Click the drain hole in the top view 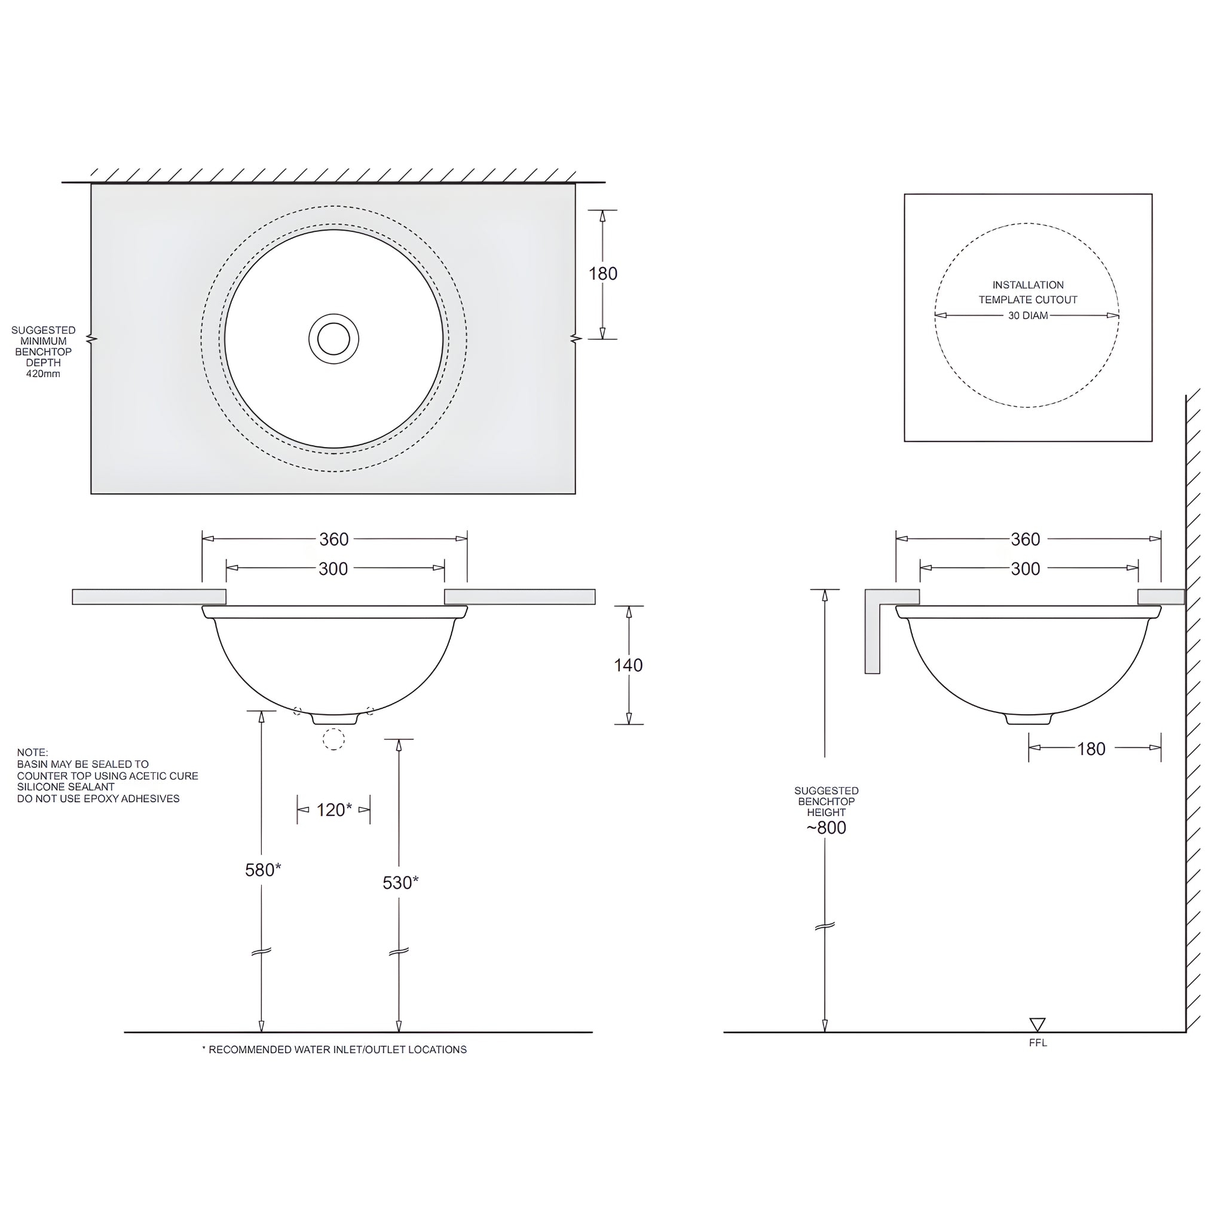(x=334, y=339)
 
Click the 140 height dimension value (x=628, y=665)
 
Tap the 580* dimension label (x=263, y=870)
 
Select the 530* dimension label (x=400, y=883)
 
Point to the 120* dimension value (x=334, y=810)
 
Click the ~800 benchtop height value (x=825, y=828)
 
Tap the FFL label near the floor (x=1038, y=1043)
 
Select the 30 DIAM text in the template (x=1027, y=316)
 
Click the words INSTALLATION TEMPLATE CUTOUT (x=1027, y=292)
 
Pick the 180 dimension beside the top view (x=602, y=274)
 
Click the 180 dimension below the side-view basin (x=1091, y=749)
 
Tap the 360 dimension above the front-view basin (x=334, y=539)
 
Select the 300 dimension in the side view (x=1025, y=569)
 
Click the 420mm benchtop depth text (x=43, y=374)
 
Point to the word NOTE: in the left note (x=32, y=752)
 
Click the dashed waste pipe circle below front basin (x=334, y=739)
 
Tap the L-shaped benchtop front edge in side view (x=873, y=634)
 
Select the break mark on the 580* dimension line (x=262, y=951)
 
